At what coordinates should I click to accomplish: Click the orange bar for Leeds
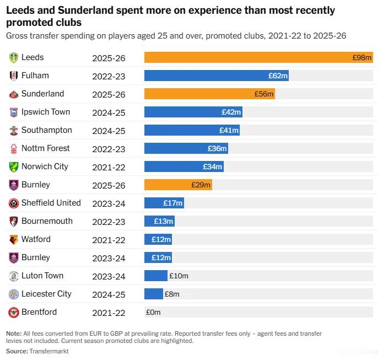click(248, 57)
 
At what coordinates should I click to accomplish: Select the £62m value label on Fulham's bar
click(278, 76)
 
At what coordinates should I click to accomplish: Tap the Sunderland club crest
click(14, 94)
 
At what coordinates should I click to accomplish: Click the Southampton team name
click(47, 130)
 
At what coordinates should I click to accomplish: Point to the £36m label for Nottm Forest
click(217, 148)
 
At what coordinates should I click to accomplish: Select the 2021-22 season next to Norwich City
click(109, 167)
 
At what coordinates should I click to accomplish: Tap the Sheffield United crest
click(14, 203)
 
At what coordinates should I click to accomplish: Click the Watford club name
click(36, 239)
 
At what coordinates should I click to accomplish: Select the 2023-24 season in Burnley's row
click(109, 258)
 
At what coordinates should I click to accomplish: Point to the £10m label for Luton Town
click(179, 276)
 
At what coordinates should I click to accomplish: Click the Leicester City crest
click(14, 294)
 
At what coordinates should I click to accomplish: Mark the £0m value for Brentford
click(153, 312)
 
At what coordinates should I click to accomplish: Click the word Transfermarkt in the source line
click(50, 351)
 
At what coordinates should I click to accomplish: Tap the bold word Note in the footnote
click(14, 334)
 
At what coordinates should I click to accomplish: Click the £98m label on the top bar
click(362, 57)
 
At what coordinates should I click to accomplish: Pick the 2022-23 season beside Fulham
click(109, 76)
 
